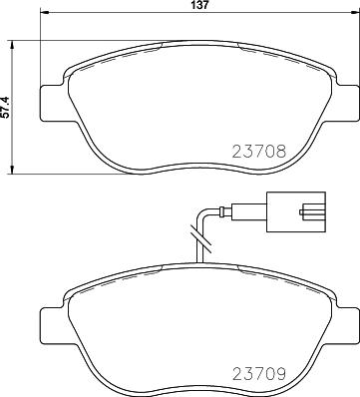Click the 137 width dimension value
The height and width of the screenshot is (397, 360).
click(x=199, y=5)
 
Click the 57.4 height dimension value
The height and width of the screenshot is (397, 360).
click(x=5, y=107)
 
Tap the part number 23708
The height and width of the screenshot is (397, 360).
click(x=259, y=152)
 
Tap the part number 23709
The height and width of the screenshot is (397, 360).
click(x=259, y=374)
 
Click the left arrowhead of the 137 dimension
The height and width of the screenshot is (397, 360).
click(x=44, y=13)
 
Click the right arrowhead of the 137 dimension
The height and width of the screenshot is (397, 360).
click(x=355, y=13)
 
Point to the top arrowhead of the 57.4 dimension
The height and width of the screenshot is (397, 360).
click(x=12, y=45)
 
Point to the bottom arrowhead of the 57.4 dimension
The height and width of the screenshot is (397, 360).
click(x=12, y=169)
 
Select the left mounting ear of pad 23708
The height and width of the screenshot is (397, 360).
click(x=55, y=103)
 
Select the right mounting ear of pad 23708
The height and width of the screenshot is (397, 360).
click(x=345, y=103)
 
